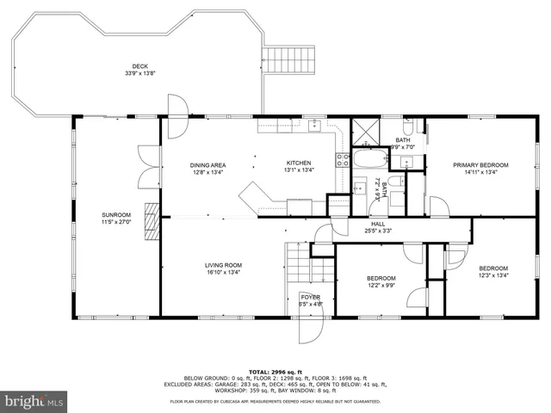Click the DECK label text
coord(139,66)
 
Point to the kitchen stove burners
coord(341,159)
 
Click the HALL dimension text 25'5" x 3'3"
coord(377,231)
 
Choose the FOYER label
coord(310,297)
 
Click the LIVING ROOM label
coord(223,265)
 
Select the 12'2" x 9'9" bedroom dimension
coord(381,286)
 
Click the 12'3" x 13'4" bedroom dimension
coord(493,275)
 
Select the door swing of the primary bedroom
coord(438,206)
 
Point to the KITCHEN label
coord(299,163)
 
